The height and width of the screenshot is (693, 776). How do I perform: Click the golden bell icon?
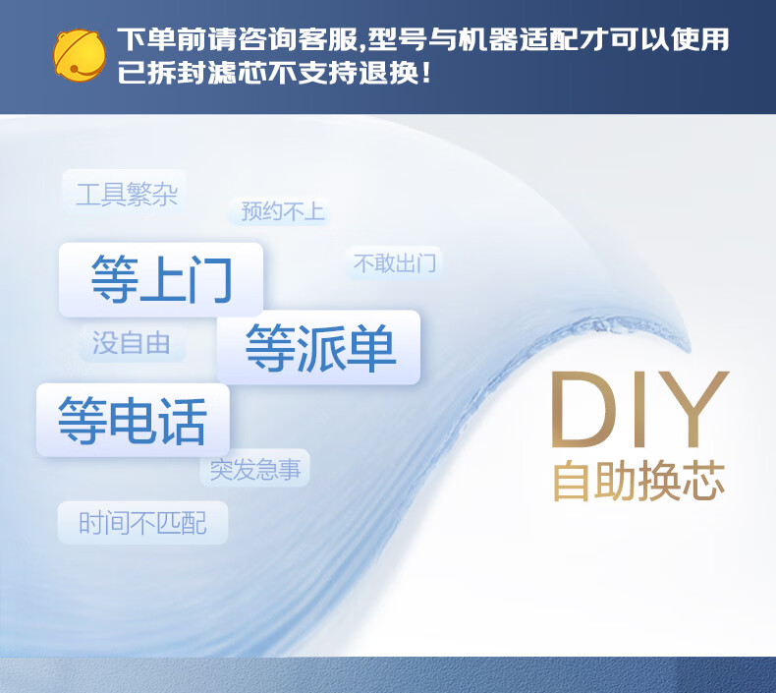pyautogui.click(x=80, y=55)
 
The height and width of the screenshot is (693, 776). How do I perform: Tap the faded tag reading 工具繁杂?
pyautogui.click(x=124, y=193)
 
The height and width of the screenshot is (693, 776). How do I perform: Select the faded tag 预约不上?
pyautogui.click(x=280, y=211)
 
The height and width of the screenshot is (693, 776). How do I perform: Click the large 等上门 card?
pyautogui.click(x=161, y=279)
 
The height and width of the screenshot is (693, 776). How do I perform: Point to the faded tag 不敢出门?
pyautogui.click(x=394, y=262)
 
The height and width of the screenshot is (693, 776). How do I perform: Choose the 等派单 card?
pyautogui.click(x=318, y=347)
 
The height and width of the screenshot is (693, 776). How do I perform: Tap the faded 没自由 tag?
pyautogui.click(x=132, y=343)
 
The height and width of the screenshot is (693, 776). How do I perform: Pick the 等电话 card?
pyautogui.click(x=134, y=420)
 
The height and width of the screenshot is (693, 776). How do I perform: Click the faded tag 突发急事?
pyautogui.click(x=254, y=468)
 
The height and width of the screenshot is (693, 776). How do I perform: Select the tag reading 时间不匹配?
pyautogui.click(x=142, y=523)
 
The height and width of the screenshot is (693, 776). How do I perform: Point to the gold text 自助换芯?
pyautogui.click(x=638, y=481)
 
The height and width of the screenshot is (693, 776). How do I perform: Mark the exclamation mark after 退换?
pyautogui.click(x=426, y=73)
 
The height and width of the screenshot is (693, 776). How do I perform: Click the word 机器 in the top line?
pyautogui.click(x=488, y=39)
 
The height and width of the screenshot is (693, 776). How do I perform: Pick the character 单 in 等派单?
pyautogui.click(x=370, y=347)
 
